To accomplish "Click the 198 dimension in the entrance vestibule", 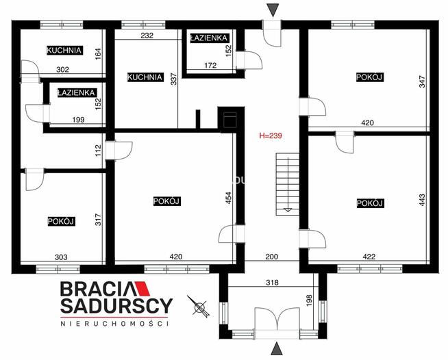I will point(310,300).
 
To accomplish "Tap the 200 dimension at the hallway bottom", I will point(273,257).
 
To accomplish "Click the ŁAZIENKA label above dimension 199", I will point(77,92).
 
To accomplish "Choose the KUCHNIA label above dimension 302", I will point(64,50).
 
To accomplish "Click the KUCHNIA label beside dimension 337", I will point(145,77).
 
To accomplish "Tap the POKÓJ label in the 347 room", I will point(369,77).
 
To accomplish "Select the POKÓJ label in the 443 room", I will point(369,203).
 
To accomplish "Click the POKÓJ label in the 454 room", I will point(166,201).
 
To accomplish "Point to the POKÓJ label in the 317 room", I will point(61,221).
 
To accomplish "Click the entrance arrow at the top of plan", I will point(273,9).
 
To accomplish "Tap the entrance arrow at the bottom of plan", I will point(273,349).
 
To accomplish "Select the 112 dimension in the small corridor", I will point(98,149).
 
